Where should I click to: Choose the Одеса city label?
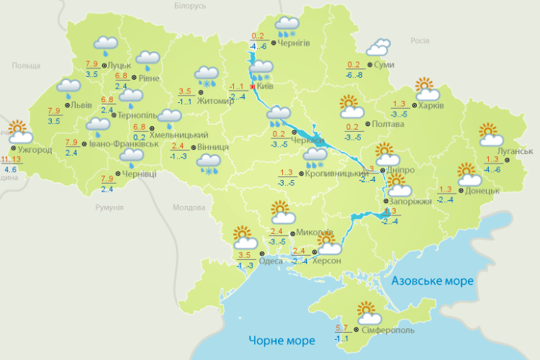[x=270, y=261]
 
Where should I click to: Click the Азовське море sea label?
[x=432, y=281]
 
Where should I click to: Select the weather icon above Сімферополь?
[x=368, y=313]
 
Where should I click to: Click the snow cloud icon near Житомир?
[x=207, y=76]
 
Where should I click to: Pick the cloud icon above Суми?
[x=377, y=48]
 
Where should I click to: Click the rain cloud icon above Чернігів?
[x=287, y=26]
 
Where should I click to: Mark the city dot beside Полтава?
[x=367, y=124]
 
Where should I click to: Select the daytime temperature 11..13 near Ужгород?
[x=12, y=159]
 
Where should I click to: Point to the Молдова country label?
[x=189, y=208]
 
